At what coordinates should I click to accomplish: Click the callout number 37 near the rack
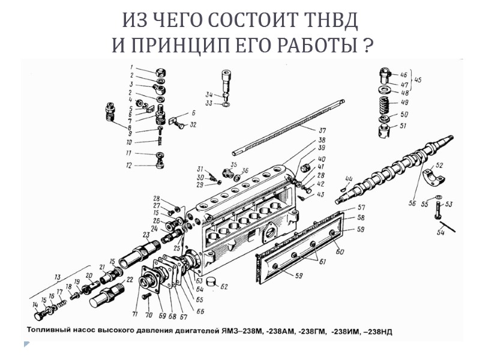(x=322, y=130)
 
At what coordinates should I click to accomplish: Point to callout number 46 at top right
(x=404, y=74)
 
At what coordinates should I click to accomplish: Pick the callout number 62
(x=223, y=287)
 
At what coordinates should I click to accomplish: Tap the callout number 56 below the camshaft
(x=412, y=203)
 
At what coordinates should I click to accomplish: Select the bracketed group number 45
(x=418, y=79)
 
